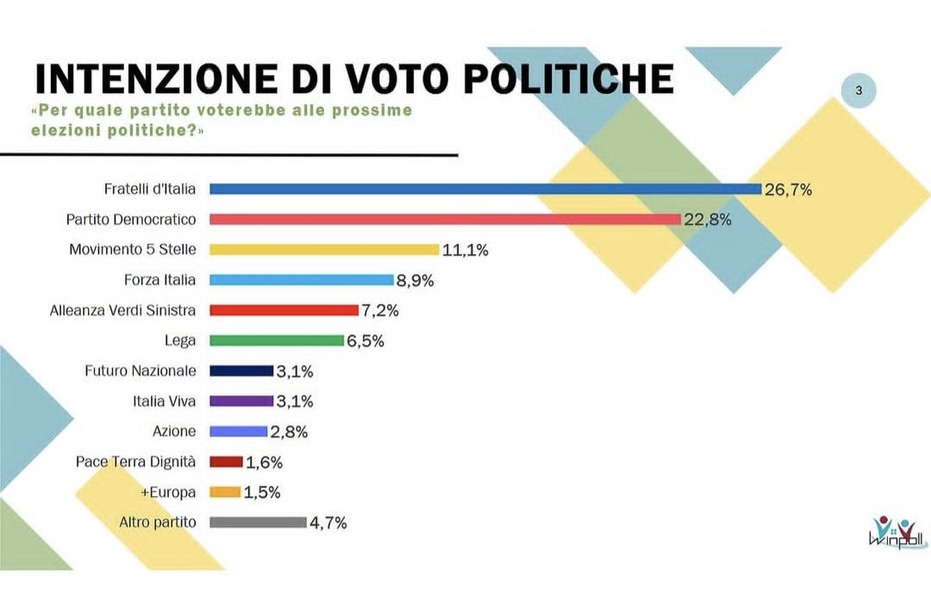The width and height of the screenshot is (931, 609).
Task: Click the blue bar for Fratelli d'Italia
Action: (485, 189)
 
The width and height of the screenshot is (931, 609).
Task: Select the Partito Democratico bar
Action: (446, 219)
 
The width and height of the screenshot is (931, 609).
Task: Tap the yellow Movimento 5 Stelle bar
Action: (324, 250)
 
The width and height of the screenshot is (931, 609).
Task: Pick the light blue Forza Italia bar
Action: (302, 280)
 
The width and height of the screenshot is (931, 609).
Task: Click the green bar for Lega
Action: (277, 340)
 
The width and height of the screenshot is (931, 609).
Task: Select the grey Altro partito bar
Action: (258, 522)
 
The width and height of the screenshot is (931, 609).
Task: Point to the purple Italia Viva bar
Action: (241, 401)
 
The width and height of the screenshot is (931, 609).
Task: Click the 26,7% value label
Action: (788, 190)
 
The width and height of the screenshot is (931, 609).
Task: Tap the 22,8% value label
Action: (708, 220)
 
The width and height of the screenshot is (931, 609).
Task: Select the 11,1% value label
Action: (465, 251)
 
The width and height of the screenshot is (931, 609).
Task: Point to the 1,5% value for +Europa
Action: (262, 493)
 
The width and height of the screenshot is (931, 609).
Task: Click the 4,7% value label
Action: (328, 523)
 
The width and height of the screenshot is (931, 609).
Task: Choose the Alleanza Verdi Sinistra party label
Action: (122, 310)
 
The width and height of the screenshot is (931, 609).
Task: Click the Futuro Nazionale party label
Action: (140, 370)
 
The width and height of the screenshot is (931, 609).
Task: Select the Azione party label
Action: (173, 431)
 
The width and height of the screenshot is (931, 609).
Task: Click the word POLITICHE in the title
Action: (569, 78)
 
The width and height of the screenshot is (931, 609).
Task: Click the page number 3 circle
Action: (858, 90)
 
